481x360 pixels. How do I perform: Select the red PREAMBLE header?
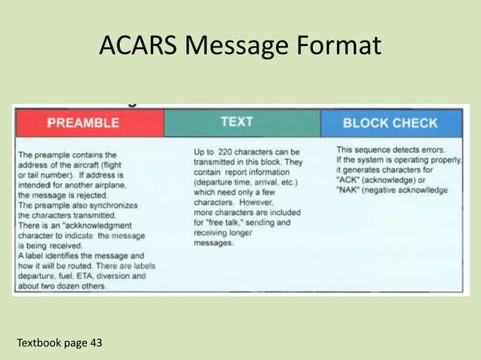(83, 123)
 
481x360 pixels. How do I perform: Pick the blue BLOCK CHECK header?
(390, 123)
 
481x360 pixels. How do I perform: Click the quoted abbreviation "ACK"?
(348, 181)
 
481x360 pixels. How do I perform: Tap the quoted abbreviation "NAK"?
(348, 191)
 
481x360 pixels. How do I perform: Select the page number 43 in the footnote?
(95, 343)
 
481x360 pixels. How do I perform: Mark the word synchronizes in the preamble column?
(114, 204)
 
